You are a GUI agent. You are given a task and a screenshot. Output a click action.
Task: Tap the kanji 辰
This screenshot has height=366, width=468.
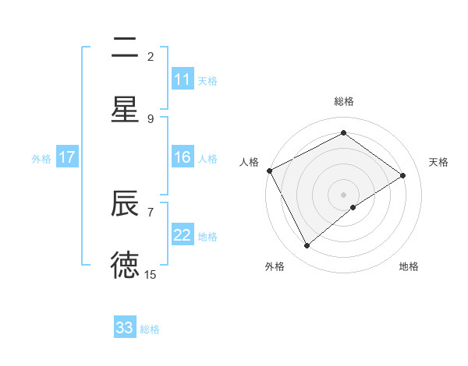coord(125,204)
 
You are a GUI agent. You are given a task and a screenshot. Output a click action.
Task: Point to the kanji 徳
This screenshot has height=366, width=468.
coord(125,265)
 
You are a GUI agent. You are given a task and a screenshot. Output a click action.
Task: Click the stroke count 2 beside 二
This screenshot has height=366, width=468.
coord(151,57)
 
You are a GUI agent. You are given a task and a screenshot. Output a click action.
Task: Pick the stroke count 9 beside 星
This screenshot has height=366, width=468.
coord(151,118)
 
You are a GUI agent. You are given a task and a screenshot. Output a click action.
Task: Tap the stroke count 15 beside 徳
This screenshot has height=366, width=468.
coord(151,274)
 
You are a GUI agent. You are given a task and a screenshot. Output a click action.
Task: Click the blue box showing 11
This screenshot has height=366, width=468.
coord(183,79)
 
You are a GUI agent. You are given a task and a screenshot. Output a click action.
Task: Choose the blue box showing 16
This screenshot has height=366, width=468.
coord(183,157)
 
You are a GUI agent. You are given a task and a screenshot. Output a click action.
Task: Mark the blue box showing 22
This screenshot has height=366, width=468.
coord(183,236)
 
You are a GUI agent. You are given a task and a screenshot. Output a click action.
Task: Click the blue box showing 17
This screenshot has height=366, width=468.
coord(67,157)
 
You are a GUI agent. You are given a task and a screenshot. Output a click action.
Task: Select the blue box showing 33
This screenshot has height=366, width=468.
coord(125,328)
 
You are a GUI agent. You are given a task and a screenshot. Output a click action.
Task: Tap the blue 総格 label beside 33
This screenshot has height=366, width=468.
coord(150,329)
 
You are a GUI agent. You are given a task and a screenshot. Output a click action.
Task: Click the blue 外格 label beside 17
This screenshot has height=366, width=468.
coord(41,159)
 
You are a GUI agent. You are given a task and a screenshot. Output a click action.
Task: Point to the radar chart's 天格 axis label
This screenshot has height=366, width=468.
coord(438,162)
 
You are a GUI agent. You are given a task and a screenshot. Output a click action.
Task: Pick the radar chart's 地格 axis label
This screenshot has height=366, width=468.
coord(409,266)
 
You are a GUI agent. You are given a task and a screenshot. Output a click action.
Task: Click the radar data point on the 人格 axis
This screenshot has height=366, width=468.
coord(269,171)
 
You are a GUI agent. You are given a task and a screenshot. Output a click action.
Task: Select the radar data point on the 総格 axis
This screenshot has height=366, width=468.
coord(343,132)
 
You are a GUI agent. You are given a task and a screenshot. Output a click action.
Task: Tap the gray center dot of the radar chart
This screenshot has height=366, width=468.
coord(343,194)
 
